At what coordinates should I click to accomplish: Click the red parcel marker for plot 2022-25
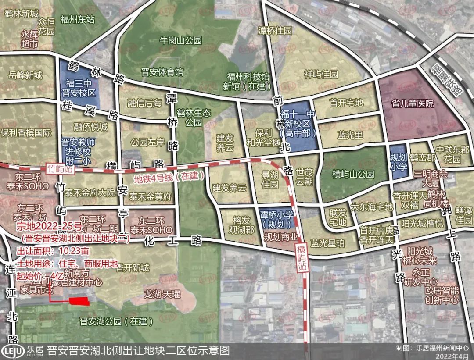pos(79,301)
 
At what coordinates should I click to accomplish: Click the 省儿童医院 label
pos(413,104)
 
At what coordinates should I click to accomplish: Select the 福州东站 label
pos(78,20)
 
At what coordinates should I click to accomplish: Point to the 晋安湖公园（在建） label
pos(116,321)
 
